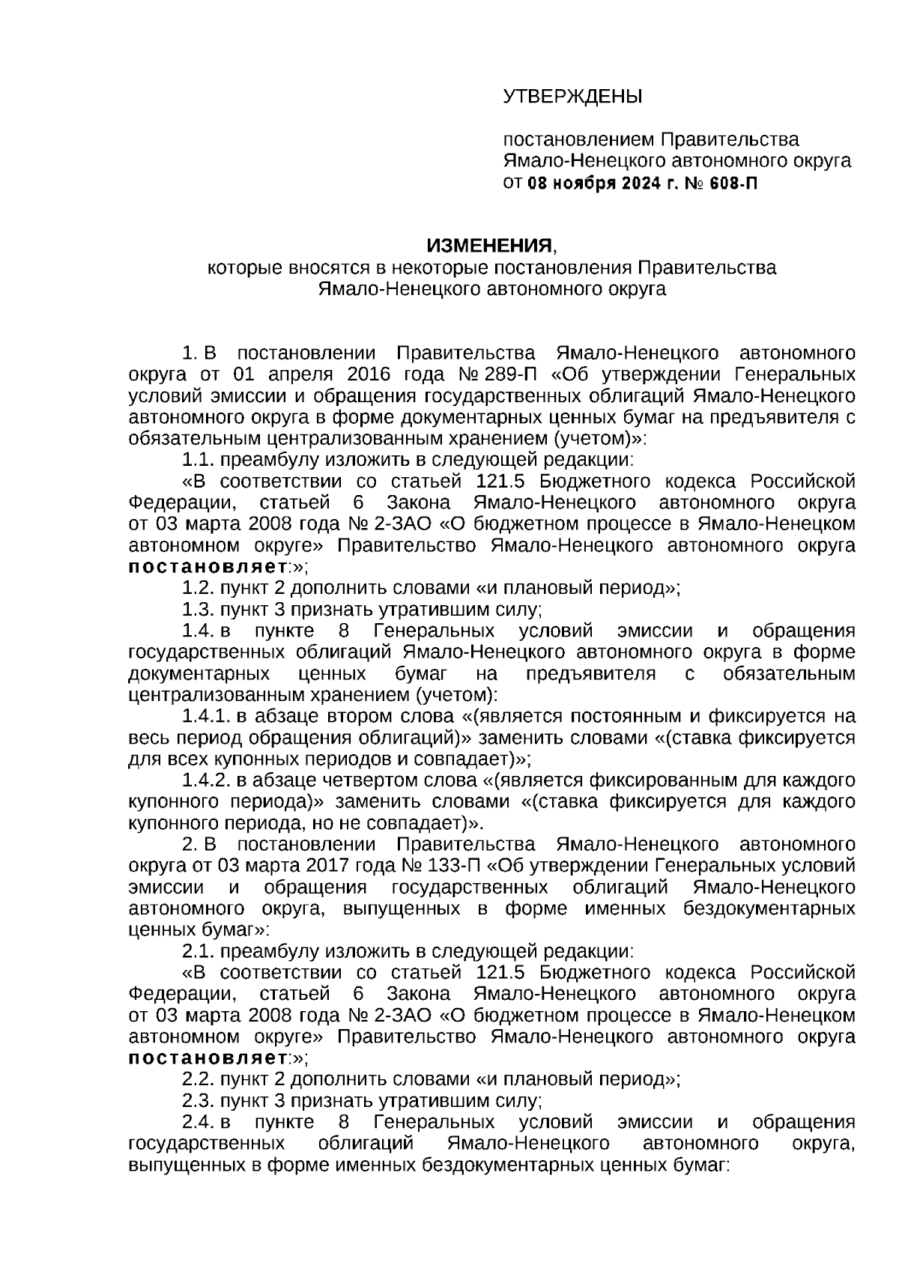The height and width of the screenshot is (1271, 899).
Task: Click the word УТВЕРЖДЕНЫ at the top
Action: coord(572,97)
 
